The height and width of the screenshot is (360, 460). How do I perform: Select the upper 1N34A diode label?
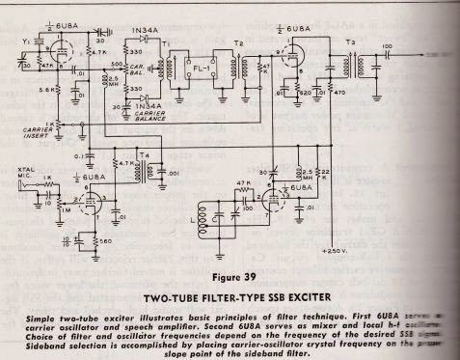pos(145,32)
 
